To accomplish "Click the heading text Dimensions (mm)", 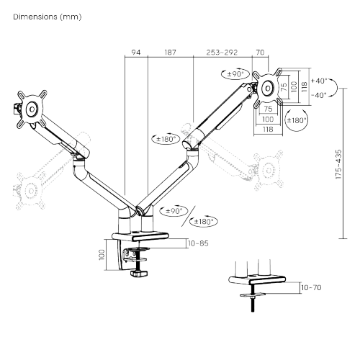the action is tap(48, 17).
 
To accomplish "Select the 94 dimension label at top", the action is tap(136, 52).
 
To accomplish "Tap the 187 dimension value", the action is tap(170, 52).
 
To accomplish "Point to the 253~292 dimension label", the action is tap(222, 52).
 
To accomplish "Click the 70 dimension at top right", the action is tap(260, 52).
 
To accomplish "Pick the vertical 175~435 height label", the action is tap(338, 164).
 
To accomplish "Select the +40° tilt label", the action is tap(319, 81).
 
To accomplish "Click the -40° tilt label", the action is tap(319, 95).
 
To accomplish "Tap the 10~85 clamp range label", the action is tap(198, 243).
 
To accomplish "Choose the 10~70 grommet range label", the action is tap(311, 287).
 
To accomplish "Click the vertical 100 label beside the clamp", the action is tap(102, 254).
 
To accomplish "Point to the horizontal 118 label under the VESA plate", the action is tap(268, 130).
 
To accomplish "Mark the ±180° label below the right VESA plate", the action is tap(297, 120).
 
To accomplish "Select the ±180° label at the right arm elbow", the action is tap(166, 139).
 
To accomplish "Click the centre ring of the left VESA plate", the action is tap(32, 109).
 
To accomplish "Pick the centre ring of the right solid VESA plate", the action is tap(268, 88).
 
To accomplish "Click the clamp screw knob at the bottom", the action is tap(139, 273).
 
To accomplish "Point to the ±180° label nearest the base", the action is tap(204, 221).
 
